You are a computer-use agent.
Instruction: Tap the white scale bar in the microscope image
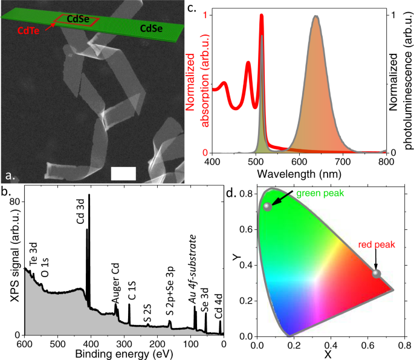point(124,172)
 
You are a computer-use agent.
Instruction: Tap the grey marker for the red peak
point(377,274)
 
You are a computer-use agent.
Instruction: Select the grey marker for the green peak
point(268,207)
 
